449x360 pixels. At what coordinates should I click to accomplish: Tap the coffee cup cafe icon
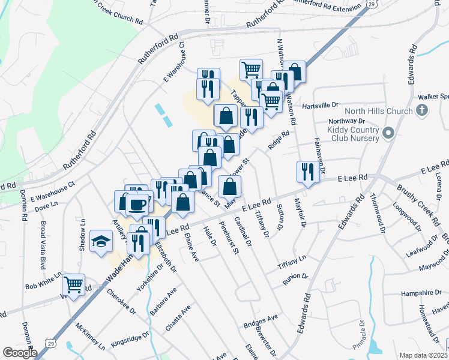pos(137,205)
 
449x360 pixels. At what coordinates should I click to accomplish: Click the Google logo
pos(19,353)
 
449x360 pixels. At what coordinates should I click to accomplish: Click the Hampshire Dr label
pos(421,293)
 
